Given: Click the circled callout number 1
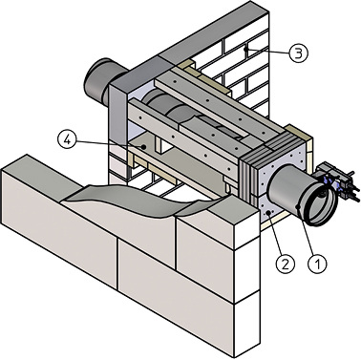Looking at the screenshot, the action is click(318, 264).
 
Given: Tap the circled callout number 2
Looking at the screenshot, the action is click(285, 264).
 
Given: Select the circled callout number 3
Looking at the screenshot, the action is click(299, 53).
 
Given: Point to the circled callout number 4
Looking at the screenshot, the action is click(67, 140).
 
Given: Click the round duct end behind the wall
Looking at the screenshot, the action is click(99, 81).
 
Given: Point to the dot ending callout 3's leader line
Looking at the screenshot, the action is click(245, 49).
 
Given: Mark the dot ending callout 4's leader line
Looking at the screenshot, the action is click(144, 147).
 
